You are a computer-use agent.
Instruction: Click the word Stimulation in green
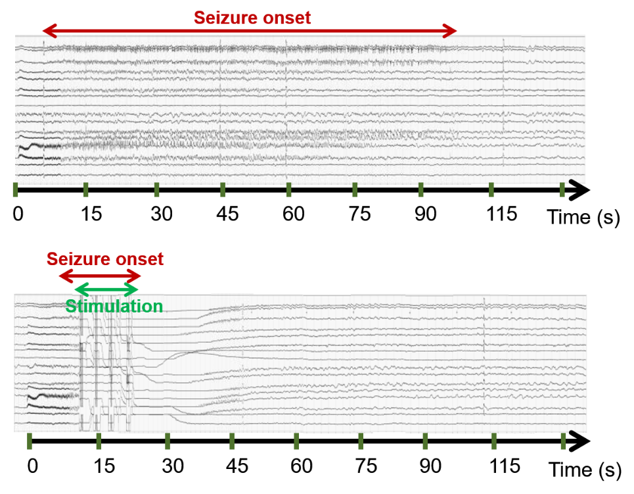pos(114,306)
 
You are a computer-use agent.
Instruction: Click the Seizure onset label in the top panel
pos(252,18)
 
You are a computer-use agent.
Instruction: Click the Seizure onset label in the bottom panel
pos(105,259)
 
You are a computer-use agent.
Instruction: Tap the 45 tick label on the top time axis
pos(227,214)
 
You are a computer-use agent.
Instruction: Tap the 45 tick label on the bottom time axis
pos(237,466)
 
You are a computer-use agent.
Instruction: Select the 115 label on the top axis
pos(501,214)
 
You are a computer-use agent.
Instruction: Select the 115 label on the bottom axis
pos(505,466)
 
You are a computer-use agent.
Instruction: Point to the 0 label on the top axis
pos(18,214)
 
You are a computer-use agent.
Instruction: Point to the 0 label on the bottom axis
pos(33,466)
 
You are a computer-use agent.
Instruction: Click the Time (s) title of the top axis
pos(583,218)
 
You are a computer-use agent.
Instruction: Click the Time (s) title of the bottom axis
pos(585,470)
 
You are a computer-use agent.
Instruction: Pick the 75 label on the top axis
pos(359,214)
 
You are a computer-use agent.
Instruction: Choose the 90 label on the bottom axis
pos(430,466)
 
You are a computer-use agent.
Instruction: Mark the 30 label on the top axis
pos(162,214)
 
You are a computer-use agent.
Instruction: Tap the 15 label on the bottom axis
pos(104,466)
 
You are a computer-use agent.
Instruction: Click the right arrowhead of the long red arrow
pos(449,30)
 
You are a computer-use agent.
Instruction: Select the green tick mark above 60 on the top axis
pos(288,189)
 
